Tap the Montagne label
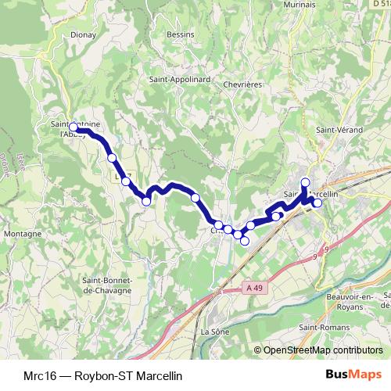pyautogui.click(x=22, y=233)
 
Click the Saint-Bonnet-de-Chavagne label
pyautogui.click(x=110, y=285)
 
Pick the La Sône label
pyautogui.click(x=213, y=332)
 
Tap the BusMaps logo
pyautogui.click(x=360, y=375)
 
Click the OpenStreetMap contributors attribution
pyautogui.click(x=321, y=350)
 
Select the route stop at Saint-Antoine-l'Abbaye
pyautogui.click(x=73, y=127)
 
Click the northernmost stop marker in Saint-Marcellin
pyautogui.click(x=306, y=182)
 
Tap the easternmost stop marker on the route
pyautogui.click(x=317, y=203)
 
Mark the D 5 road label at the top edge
pyautogui.click(x=380, y=5)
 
